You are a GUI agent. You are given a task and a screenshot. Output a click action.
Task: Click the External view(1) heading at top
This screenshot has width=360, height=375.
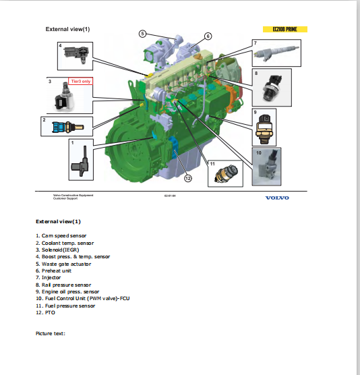[x=67, y=30]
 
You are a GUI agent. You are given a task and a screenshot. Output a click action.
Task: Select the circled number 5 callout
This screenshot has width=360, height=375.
[x=143, y=33]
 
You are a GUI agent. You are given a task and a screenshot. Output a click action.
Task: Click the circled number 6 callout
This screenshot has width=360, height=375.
[x=208, y=36]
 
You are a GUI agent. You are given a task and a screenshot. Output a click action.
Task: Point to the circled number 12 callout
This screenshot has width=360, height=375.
[x=188, y=178]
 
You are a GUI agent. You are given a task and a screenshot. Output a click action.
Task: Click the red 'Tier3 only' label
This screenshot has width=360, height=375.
[x=80, y=81]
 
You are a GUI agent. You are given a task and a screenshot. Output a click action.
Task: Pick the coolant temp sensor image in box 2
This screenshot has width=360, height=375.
[x=65, y=125]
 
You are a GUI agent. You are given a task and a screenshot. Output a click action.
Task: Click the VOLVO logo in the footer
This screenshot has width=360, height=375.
[x=276, y=198]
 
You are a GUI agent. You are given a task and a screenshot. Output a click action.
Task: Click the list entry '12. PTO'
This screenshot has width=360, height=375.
[x=45, y=312]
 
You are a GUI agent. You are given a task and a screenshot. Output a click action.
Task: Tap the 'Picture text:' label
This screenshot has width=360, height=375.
[x=50, y=333]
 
